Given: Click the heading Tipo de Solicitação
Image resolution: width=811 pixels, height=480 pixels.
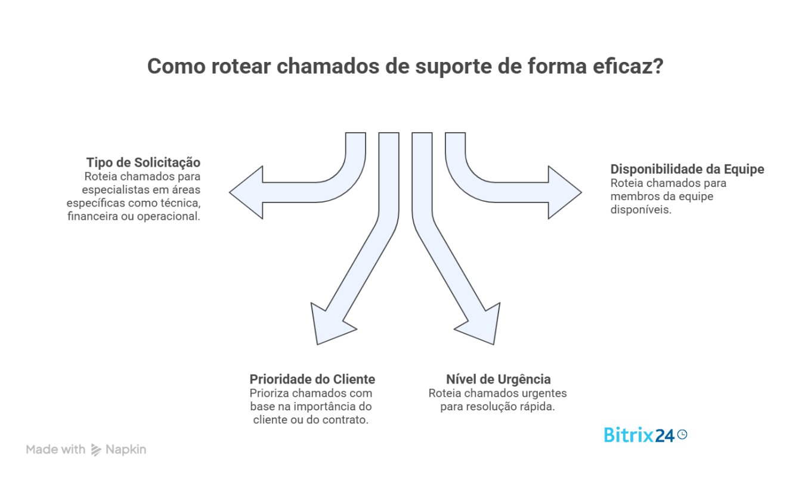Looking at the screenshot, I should [x=143, y=163].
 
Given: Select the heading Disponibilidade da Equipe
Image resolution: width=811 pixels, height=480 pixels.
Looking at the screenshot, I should [x=687, y=169].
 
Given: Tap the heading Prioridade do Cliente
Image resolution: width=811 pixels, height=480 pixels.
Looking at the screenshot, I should [x=312, y=379].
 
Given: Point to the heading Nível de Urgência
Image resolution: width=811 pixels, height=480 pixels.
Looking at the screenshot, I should [x=498, y=379].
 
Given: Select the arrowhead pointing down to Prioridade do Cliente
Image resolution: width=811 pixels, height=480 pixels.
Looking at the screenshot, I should [x=331, y=325].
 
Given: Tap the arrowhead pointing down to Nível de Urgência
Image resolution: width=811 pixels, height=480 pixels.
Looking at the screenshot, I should [x=481, y=325].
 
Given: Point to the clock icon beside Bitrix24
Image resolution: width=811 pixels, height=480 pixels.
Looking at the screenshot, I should [x=682, y=435].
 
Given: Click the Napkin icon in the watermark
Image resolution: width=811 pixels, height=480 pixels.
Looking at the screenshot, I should [x=96, y=450].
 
